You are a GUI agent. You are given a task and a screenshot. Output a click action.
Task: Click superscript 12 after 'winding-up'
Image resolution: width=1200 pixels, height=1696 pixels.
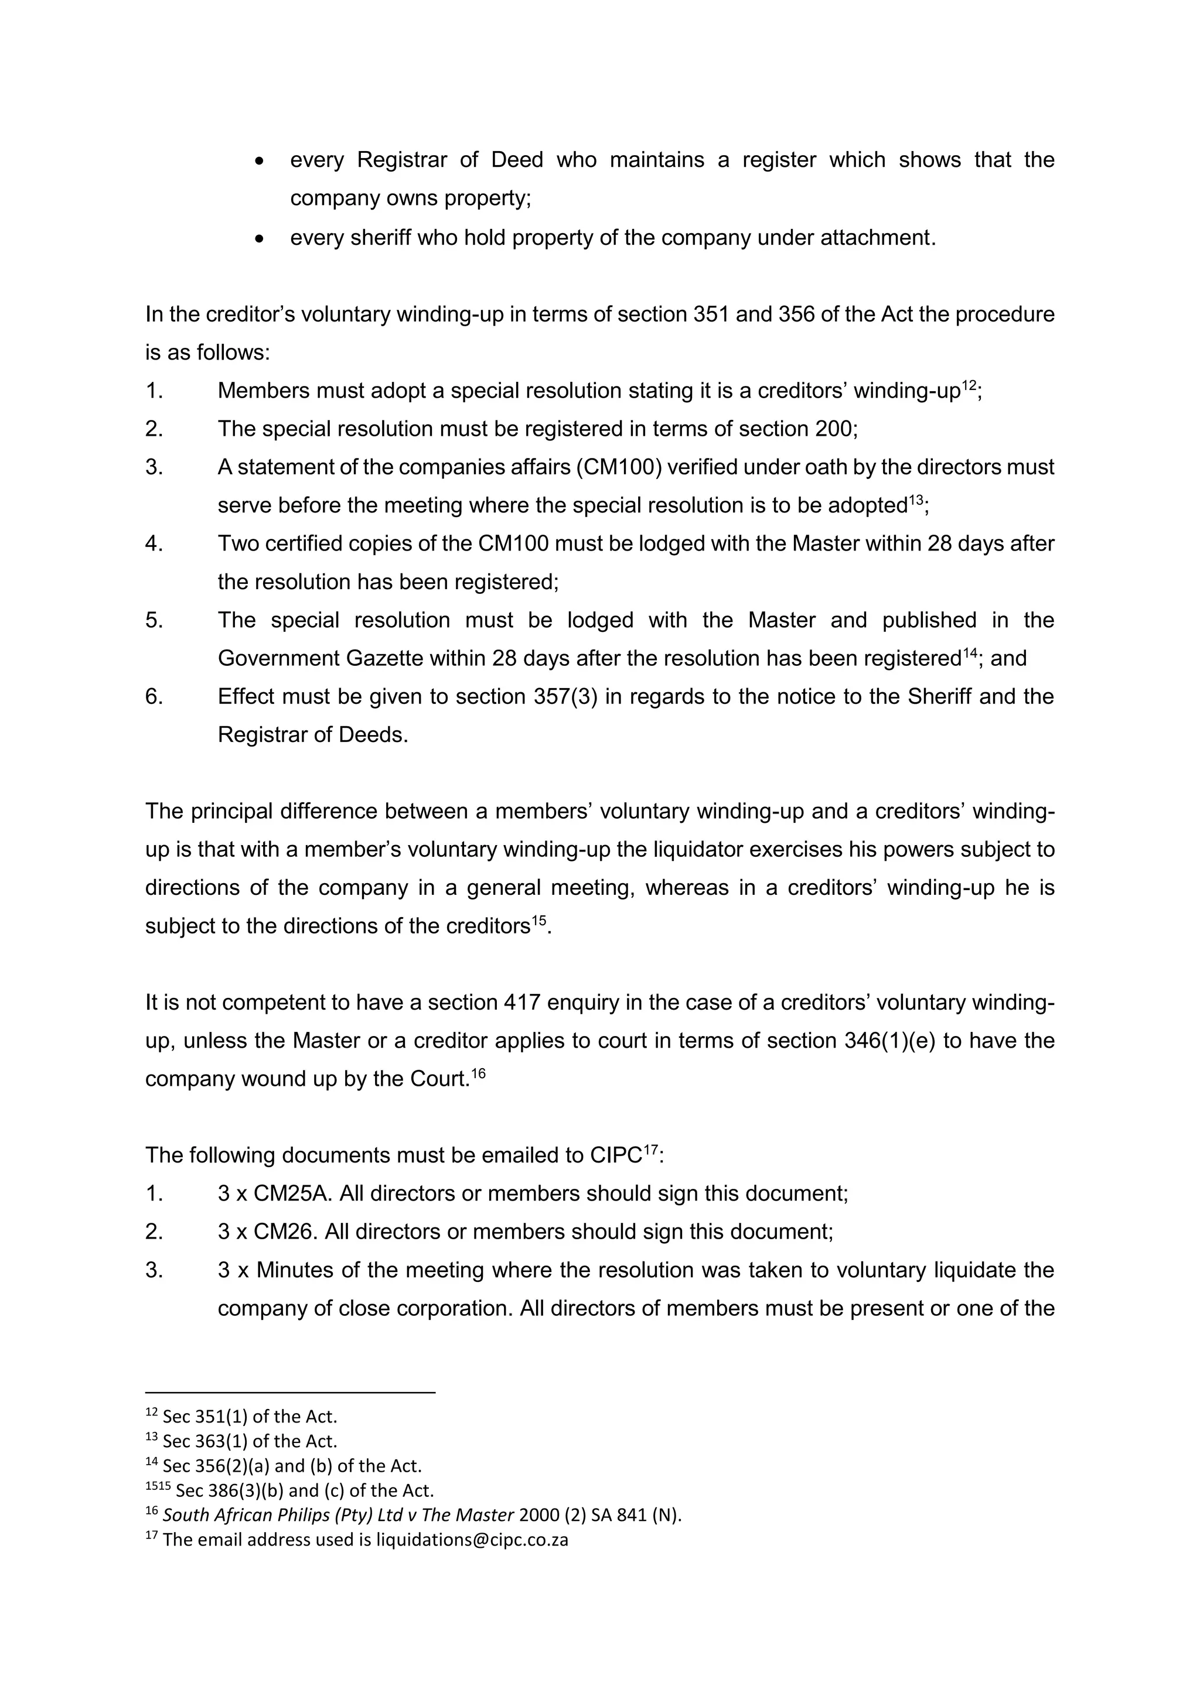click(x=968, y=384)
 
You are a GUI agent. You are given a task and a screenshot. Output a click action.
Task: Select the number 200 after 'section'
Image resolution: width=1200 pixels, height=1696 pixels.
click(x=835, y=429)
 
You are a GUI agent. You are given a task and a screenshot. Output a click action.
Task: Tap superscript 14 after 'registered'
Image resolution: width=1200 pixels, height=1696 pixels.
click(x=969, y=652)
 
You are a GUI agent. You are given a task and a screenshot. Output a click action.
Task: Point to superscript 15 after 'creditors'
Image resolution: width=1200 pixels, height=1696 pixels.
click(x=538, y=919)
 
